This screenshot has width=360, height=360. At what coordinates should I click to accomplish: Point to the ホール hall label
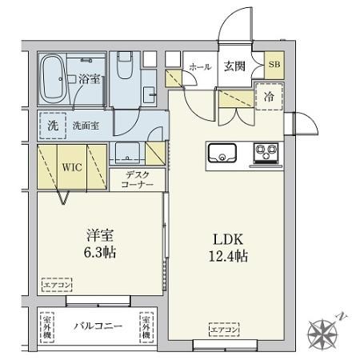click(x=200, y=68)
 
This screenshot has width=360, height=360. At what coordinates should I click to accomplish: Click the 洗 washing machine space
click(x=51, y=125)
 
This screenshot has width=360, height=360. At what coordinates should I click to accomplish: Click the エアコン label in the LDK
click(x=226, y=329)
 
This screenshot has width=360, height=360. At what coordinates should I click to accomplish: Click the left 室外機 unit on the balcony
click(x=47, y=326)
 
